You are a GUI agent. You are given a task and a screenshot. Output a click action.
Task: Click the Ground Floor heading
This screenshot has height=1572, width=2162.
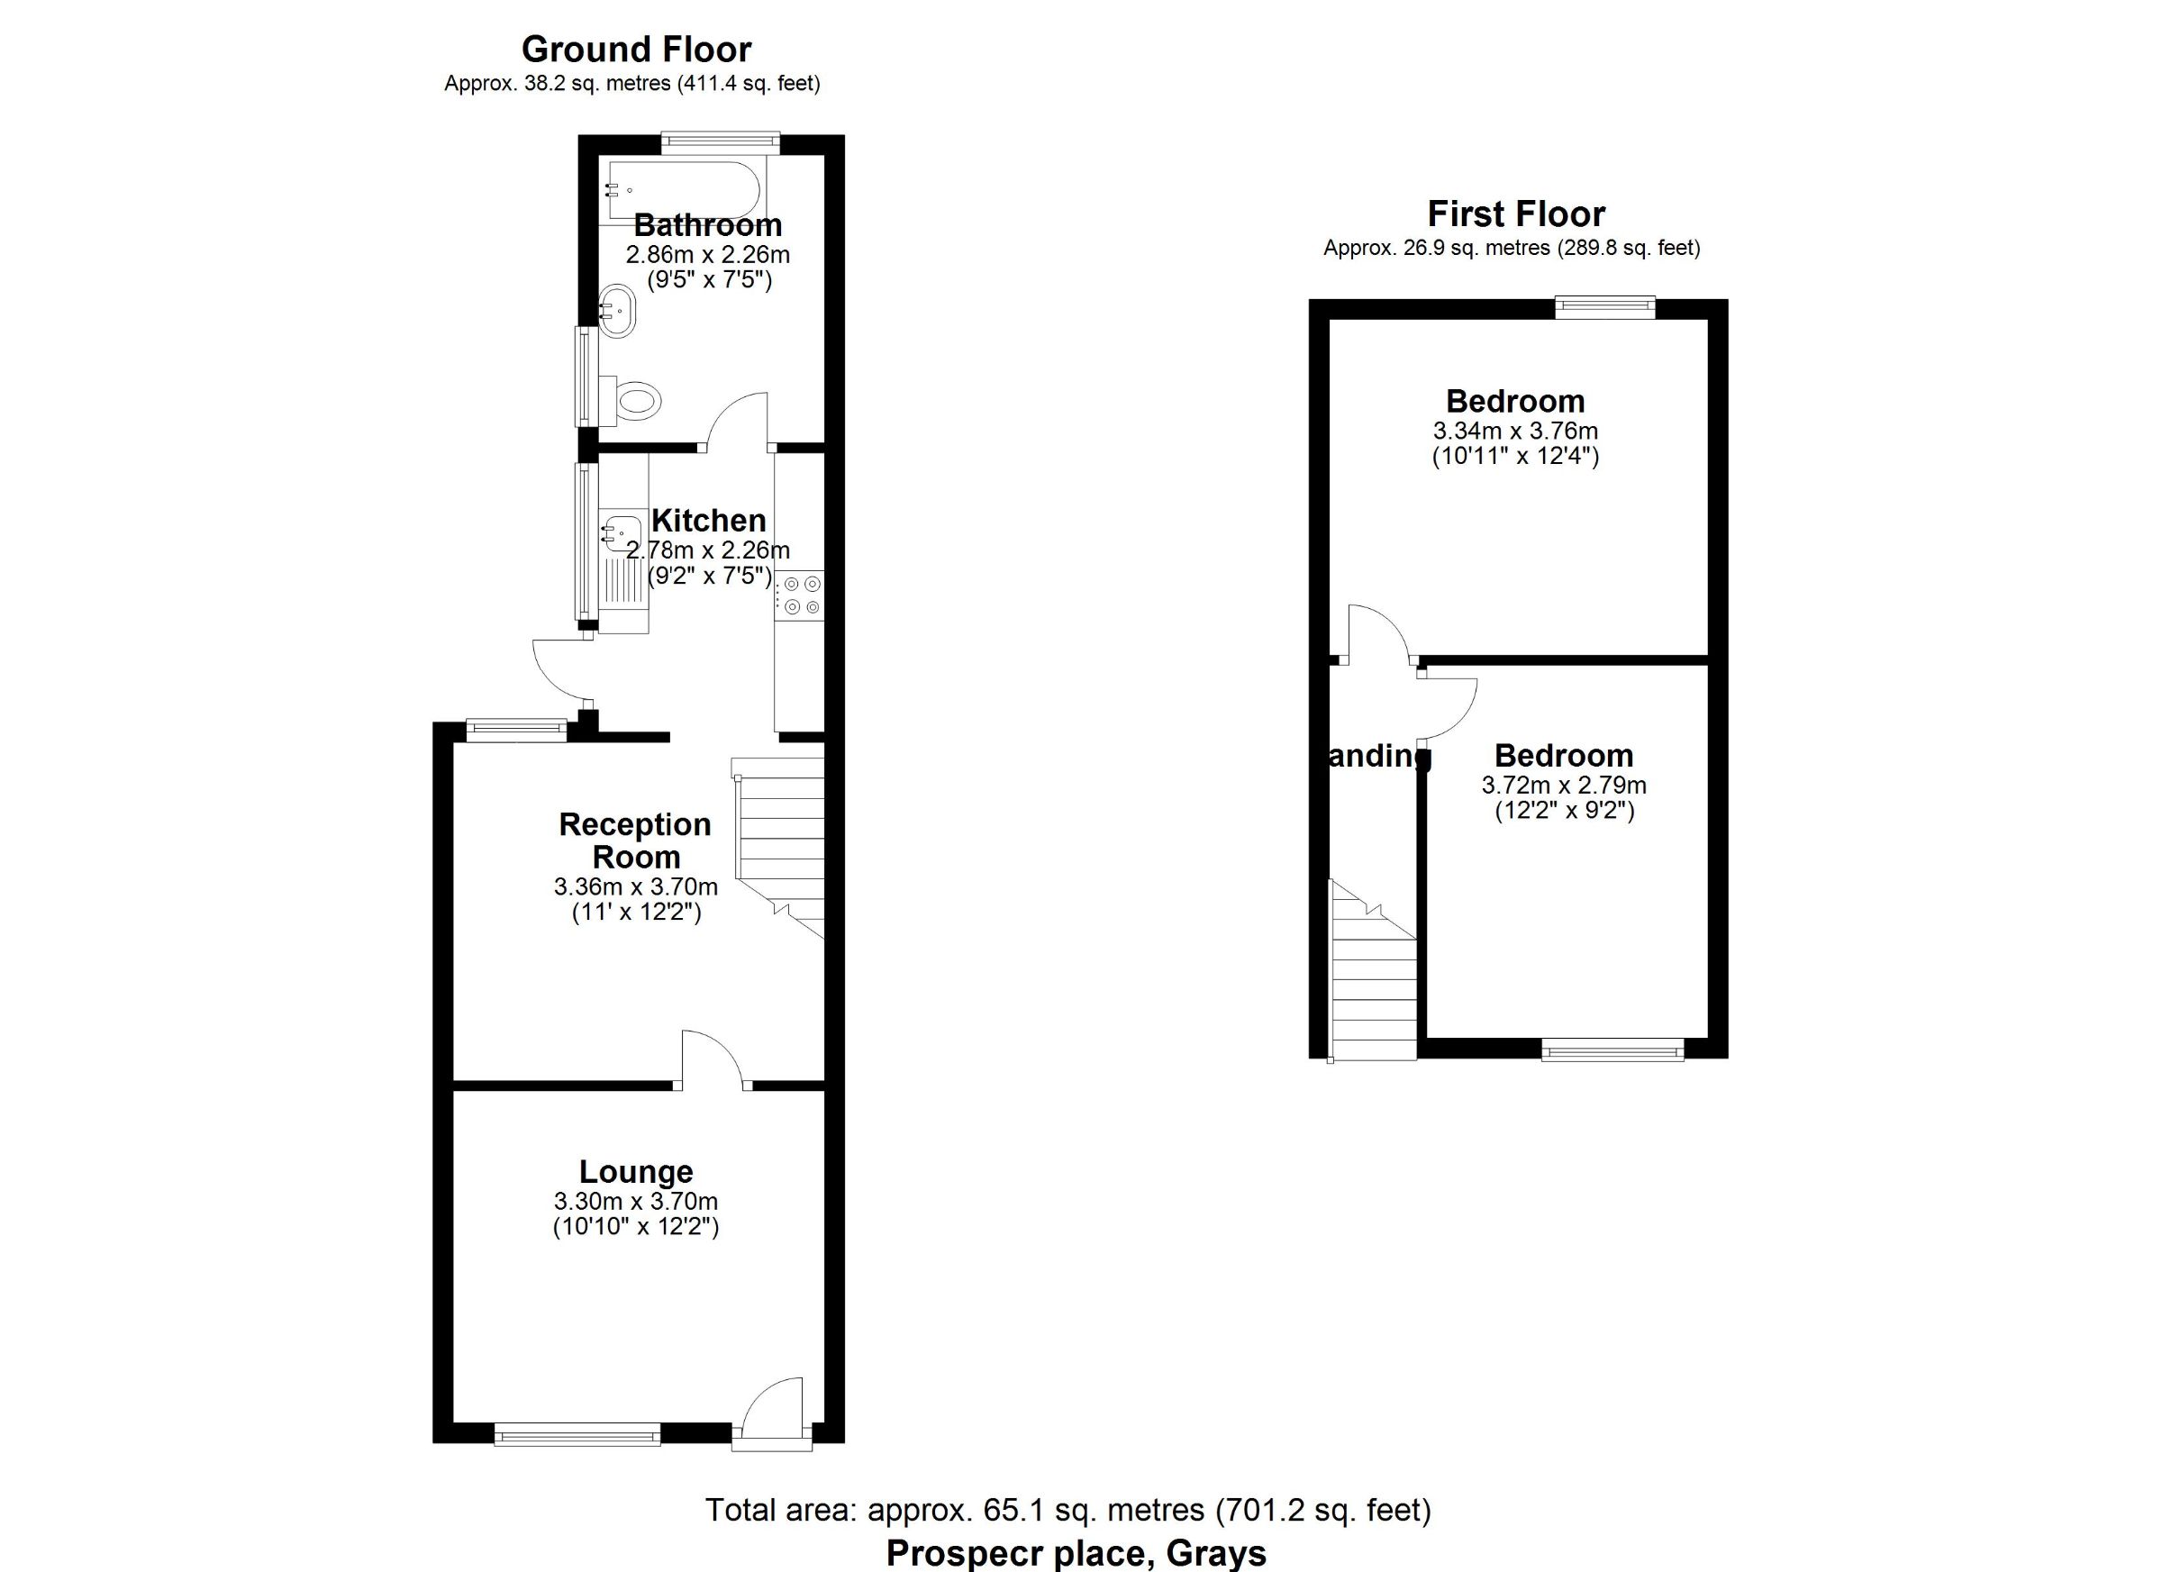click(x=636, y=50)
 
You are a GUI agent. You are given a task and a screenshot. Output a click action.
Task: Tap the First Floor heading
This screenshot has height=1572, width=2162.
click(x=1516, y=214)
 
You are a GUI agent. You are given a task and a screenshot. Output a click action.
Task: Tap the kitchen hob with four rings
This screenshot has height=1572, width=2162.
click(x=800, y=594)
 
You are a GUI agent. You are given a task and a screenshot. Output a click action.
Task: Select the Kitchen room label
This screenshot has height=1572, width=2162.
click(x=708, y=521)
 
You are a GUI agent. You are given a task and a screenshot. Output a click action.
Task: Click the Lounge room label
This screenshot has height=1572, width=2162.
click(x=636, y=1172)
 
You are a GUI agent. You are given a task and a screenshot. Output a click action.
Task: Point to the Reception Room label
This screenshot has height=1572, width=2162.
click(x=635, y=840)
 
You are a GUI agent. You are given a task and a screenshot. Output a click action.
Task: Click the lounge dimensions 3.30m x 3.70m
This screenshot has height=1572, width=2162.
click(x=636, y=1201)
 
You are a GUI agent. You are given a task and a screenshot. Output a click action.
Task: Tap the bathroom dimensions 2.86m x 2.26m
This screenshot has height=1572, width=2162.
click(x=707, y=255)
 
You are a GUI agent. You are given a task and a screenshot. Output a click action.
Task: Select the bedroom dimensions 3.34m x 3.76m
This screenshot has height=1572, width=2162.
click(x=1516, y=431)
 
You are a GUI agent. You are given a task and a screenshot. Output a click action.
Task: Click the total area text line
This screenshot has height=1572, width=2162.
click(x=1067, y=1510)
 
